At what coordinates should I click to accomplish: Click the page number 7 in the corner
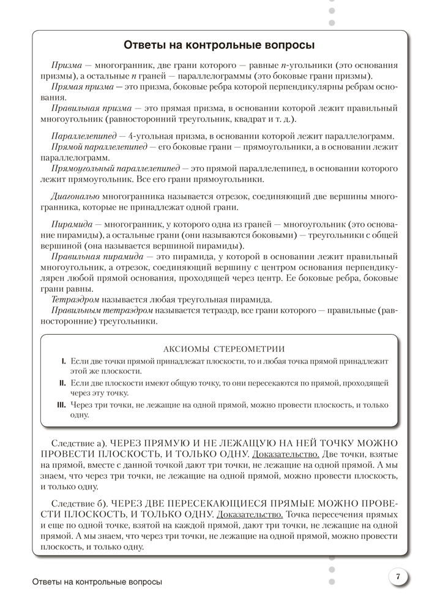pos(398,576)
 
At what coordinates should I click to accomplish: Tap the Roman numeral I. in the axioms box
pos(64,361)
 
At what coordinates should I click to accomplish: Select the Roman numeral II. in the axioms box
pos(62,383)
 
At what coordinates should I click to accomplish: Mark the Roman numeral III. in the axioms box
pos(61,405)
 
